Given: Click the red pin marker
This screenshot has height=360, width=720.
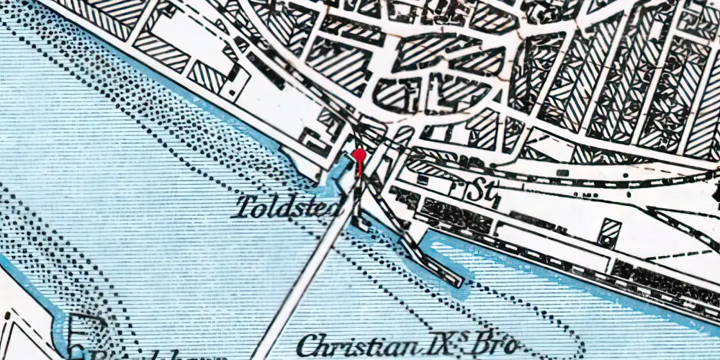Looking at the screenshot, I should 359,156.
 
